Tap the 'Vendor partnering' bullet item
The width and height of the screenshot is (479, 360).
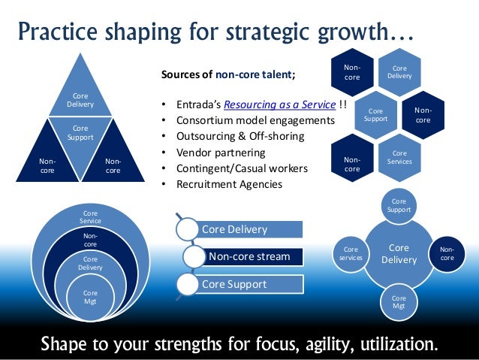pyautogui.click(x=218, y=153)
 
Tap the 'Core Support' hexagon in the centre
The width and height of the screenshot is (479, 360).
pyautogui.click(x=375, y=114)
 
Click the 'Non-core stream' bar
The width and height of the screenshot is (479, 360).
pyautogui.click(x=249, y=256)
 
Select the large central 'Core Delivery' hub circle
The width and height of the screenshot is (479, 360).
pyautogui.click(x=399, y=253)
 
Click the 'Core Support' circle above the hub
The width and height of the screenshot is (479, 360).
pyautogui.click(x=399, y=206)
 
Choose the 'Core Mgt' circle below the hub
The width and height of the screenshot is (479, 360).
pyautogui.click(x=399, y=301)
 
